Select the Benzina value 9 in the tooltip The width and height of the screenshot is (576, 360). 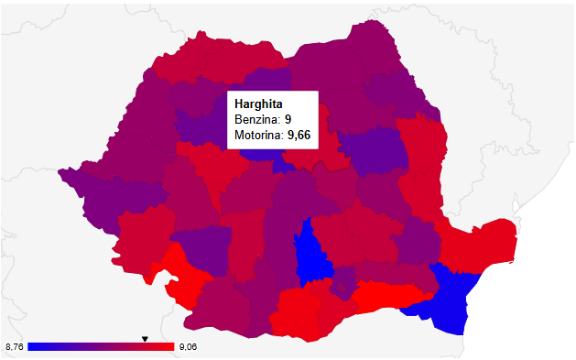click(x=288, y=119)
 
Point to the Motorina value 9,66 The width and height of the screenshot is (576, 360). click(x=299, y=136)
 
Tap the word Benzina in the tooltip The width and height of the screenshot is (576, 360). click(x=256, y=119)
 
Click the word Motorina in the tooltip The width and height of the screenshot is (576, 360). click(x=259, y=136)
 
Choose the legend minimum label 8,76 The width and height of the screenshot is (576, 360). click(x=14, y=347)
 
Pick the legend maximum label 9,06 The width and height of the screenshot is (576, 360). click(x=189, y=347)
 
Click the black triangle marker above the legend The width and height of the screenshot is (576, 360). click(x=145, y=339)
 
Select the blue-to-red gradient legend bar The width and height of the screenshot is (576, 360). click(x=101, y=347)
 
